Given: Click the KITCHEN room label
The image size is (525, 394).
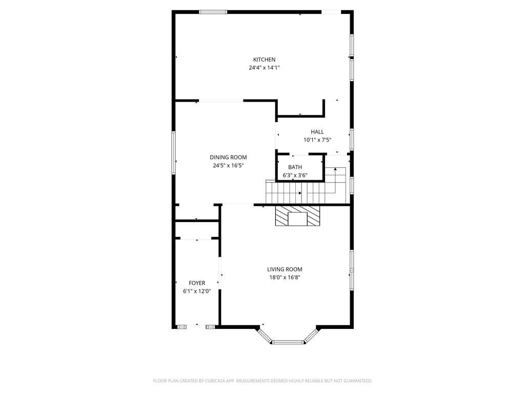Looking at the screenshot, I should point(264,60).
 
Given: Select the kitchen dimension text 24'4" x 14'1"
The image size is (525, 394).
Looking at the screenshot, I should point(264,68).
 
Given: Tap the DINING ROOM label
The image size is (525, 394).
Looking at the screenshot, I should point(228,157).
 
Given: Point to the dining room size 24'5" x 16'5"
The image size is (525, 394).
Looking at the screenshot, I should point(228,166).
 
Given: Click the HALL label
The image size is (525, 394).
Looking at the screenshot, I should point(317,132).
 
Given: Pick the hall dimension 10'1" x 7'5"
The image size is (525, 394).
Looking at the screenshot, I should point(317,140).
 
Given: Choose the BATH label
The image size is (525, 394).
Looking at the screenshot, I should point(295,167).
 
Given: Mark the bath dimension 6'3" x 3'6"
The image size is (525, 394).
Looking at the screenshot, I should point(295,175).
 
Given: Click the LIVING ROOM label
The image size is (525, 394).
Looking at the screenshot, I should point(285,269).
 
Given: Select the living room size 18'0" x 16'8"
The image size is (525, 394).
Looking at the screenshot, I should point(285,278).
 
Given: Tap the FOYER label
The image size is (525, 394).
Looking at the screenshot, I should point(197,283).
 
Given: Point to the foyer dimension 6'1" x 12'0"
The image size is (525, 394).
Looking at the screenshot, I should point(197,291).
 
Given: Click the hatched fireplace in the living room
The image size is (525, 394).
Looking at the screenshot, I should point(297,216).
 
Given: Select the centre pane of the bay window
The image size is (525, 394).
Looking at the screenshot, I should point(288,342).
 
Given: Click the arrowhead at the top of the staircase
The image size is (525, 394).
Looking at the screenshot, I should point(335,169).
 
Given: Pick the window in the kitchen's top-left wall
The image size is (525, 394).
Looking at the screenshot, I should point(213,12).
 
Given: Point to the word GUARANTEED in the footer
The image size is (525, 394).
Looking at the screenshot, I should point(357,381).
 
